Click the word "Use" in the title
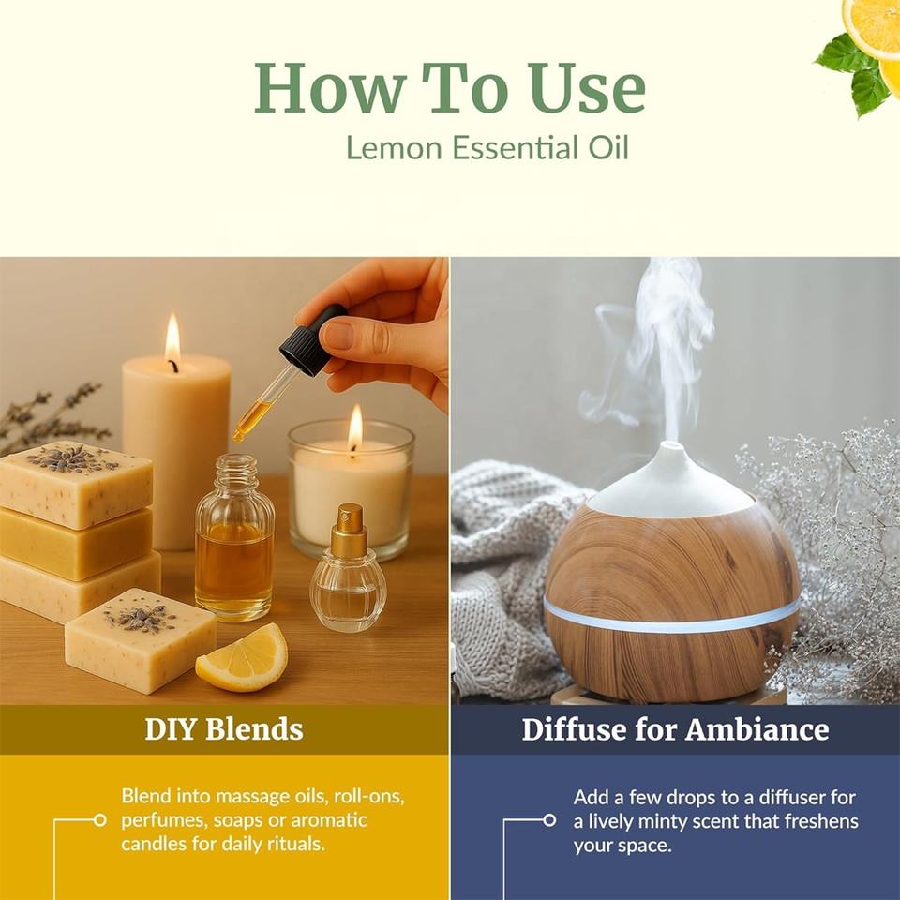tap(588, 87)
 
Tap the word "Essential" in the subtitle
tap(515, 147)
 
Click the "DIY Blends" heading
tap(224, 729)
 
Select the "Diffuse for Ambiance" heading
tap(675, 729)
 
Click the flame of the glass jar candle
tap(355, 428)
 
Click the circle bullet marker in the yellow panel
tap(100, 820)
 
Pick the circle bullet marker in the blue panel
tap(549, 820)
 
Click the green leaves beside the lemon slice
tap(855, 73)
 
